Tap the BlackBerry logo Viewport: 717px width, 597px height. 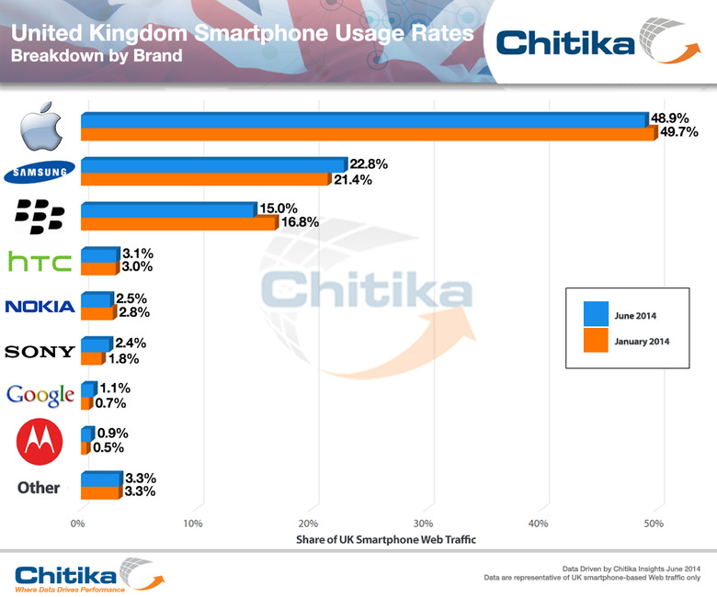(40, 217)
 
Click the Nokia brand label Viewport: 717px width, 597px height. (40, 306)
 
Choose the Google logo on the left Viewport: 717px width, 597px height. (40, 396)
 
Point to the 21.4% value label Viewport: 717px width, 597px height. (353, 179)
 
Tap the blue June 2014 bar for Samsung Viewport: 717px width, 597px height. (211, 164)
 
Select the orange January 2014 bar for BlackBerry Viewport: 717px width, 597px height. (178, 222)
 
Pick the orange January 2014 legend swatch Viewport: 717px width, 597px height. (596, 341)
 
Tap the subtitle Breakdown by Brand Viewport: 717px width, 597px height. (97, 55)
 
